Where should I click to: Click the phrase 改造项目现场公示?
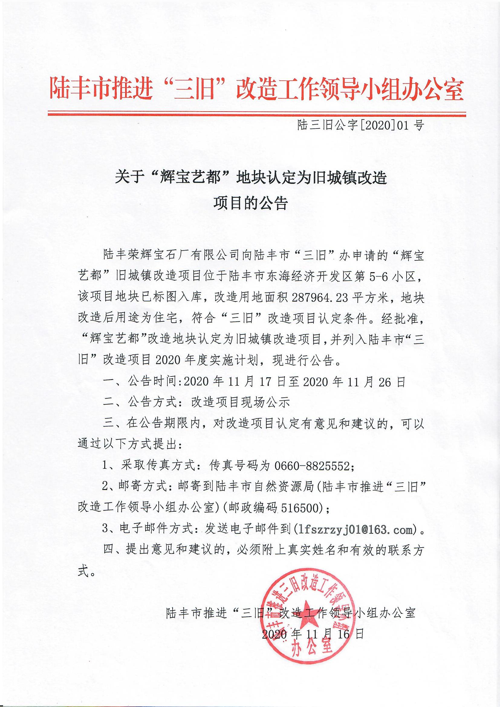point(240,403)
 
